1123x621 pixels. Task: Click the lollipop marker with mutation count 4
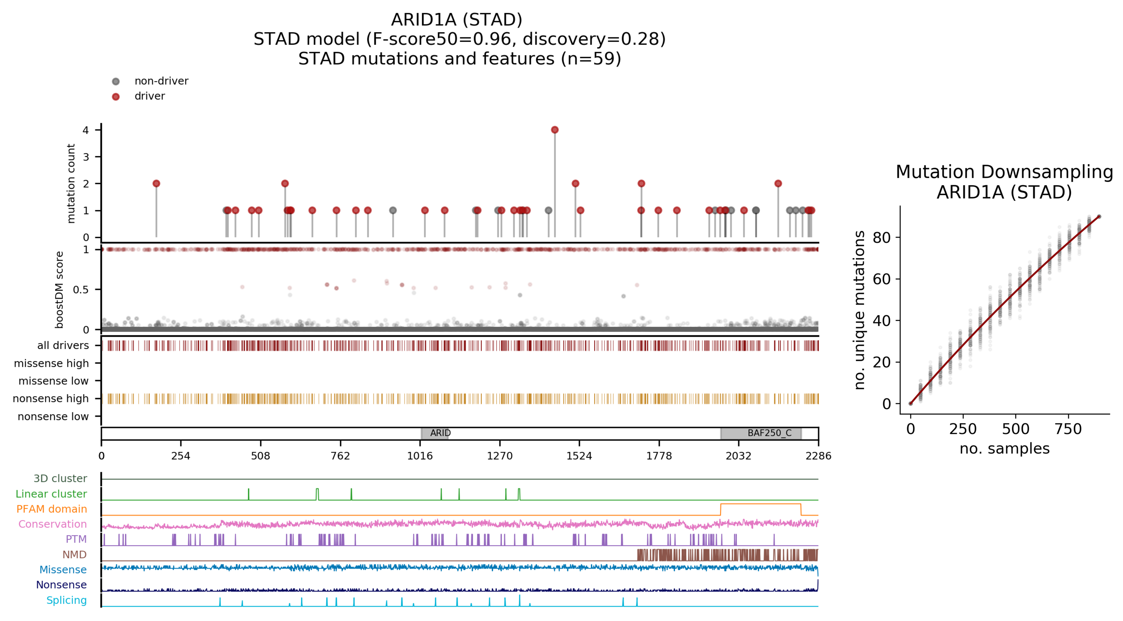[x=554, y=130]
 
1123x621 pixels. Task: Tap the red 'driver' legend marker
[x=116, y=96]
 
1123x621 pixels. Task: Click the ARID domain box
[x=435, y=433]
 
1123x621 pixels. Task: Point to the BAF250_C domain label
[x=769, y=433]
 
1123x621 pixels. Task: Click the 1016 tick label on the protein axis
[x=420, y=456]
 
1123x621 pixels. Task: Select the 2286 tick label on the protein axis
[x=818, y=456]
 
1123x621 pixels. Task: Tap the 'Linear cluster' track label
[x=51, y=494]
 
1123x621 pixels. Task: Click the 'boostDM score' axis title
[x=59, y=290]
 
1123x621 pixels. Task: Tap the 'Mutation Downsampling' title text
[x=1004, y=172]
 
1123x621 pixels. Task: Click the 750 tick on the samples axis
[x=1068, y=429]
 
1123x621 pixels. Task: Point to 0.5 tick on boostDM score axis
[x=81, y=290]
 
